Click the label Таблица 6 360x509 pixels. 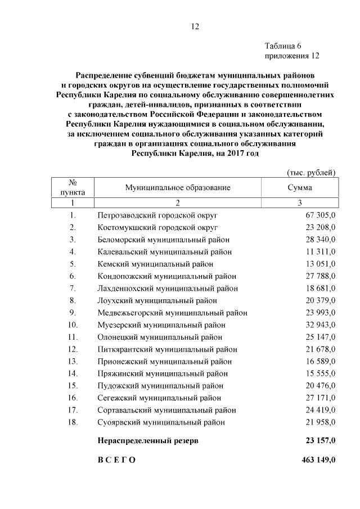click(285, 46)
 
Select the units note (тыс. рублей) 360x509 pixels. click(311, 172)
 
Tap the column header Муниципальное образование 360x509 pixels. click(178, 188)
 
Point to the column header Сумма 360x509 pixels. click(300, 188)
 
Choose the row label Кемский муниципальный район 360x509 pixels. click(155, 264)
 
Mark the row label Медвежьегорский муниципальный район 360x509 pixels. click(172, 313)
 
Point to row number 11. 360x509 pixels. click(72, 337)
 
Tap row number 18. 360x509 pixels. click(72, 422)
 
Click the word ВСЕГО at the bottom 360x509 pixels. click(116, 460)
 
